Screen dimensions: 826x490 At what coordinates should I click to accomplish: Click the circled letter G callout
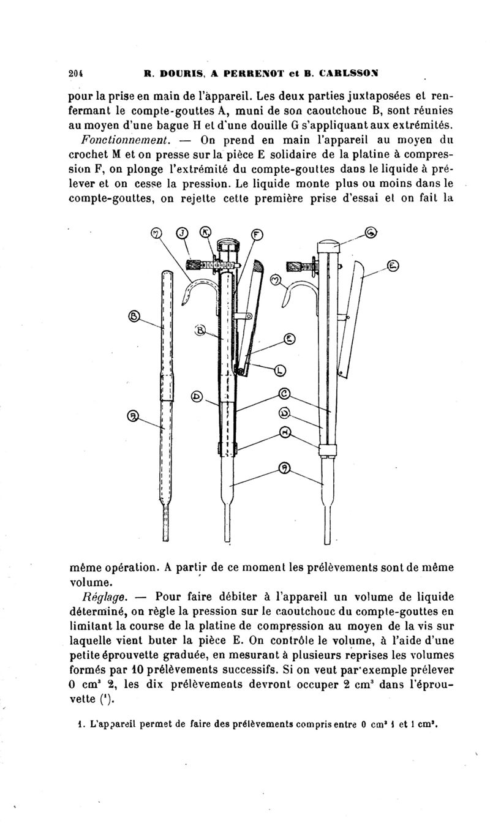click(x=371, y=231)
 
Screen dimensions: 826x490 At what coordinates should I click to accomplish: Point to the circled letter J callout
click(x=182, y=232)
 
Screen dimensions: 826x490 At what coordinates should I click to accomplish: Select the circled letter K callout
click(x=206, y=231)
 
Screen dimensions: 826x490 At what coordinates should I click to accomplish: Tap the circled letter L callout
click(x=281, y=370)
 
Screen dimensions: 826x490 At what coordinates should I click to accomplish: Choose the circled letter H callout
click(x=284, y=432)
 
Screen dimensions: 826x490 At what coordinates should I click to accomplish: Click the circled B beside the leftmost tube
click(x=135, y=316)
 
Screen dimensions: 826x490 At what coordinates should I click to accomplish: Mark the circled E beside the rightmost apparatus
click(x=393, y=266)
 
